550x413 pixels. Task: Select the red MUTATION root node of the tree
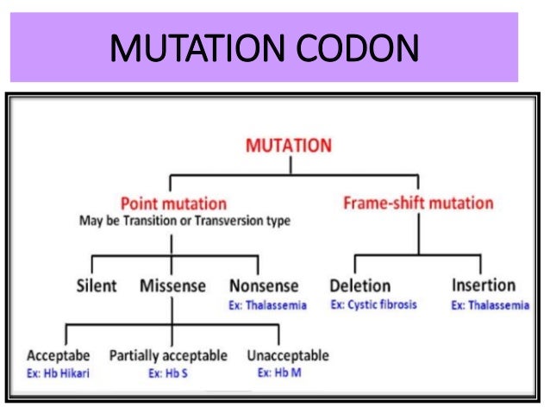click(x=288, y=144)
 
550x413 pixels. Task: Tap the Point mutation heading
click(x=173, y=204)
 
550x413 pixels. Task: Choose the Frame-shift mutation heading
click(x=418, y=203)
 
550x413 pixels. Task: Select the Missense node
click(x=172, y=285)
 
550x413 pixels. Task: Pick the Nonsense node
click(x=264, y=285)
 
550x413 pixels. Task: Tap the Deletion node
click(x=359, y=285)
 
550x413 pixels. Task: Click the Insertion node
click(x=483, y=285)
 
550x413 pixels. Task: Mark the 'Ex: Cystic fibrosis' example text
click(x=372, y=304)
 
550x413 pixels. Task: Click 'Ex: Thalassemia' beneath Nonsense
click(x=267, y=305)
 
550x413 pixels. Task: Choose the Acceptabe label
click(x=59, y=355)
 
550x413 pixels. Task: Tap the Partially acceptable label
click(x=168, y=355)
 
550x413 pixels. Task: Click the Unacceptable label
click(x=287, y=355)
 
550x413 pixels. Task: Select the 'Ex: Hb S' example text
click(x=167, y=373)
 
